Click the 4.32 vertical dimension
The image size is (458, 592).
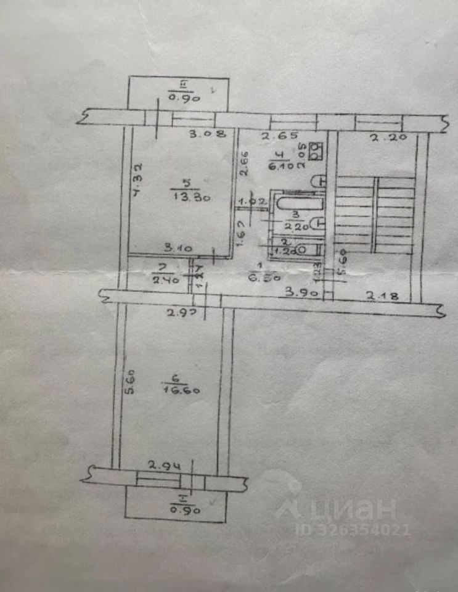(138, 179)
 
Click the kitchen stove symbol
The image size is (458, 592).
(316, 150)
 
